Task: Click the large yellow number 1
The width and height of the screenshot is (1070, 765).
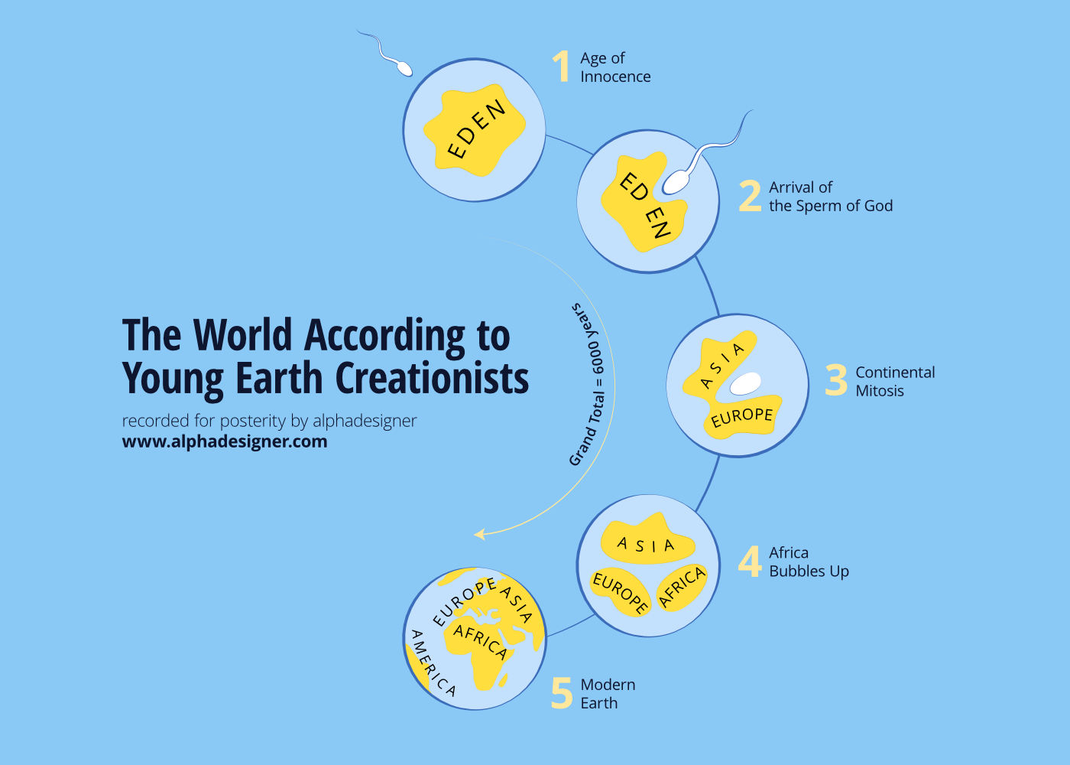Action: coord(562,67)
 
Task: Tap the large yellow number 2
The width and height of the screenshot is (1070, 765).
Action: coord(750,196)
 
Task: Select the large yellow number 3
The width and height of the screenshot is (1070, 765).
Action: coord(836,380)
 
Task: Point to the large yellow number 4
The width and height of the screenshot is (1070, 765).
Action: coord(750,562)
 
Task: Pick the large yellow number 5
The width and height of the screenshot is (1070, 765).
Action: coord(562,693)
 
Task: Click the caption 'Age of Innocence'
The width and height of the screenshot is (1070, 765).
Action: coord(615,67)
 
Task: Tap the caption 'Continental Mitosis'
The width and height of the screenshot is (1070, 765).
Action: coord(894,381)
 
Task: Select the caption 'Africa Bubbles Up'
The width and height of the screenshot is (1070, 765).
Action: coord(809,562)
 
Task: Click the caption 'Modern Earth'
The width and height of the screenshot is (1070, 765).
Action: coord(608,693)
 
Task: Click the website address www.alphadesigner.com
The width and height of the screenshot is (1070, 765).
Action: coord(225,441)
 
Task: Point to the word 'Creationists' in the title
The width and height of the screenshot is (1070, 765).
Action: coord(432,379)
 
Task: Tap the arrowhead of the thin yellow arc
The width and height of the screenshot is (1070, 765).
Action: coord(479,534)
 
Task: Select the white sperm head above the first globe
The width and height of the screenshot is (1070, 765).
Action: coord(404,68)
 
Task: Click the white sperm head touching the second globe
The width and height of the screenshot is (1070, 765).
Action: coord(676,182)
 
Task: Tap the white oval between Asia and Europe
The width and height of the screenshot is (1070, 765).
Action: coord(744,383)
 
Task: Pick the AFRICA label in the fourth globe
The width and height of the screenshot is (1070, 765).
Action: coord(682,588)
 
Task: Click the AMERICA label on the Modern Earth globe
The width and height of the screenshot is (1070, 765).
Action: coord(433,662)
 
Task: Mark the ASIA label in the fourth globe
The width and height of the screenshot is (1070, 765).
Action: coord(646,545)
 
